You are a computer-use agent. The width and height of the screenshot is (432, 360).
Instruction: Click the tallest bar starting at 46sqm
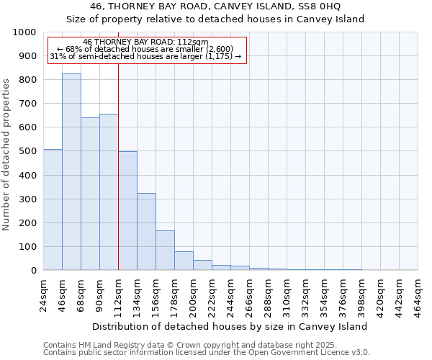[x=71, y=172]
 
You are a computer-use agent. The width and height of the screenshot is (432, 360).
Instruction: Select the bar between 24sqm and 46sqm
[x=53, y=210]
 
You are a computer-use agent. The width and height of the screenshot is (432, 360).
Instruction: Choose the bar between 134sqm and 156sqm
[x=146, y=232]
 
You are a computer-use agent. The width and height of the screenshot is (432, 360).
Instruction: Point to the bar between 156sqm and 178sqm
[x=165, y=251]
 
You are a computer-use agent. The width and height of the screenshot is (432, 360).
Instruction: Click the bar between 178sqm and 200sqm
[x=184, y=261]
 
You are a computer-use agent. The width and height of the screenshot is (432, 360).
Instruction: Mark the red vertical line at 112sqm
[x=118, y=166]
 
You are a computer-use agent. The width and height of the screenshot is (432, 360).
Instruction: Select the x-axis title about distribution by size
[x=230, y=326]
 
